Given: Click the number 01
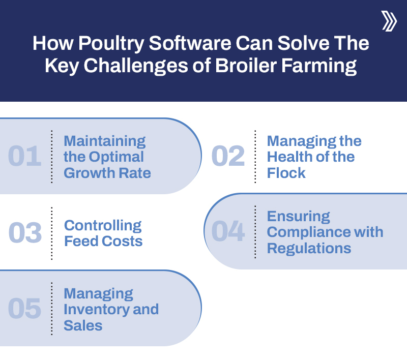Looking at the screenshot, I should pos(24,157).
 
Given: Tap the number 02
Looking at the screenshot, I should pos(228,157).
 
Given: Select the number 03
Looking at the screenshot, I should pos(24,233).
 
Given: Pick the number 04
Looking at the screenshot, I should pos(228,231).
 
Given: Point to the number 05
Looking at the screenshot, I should pos(24,309).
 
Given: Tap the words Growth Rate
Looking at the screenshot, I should pos(107,173).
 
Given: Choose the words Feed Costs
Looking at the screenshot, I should pos(103,241).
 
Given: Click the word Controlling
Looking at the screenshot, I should pos(103,225).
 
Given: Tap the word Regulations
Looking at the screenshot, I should pos(309,248).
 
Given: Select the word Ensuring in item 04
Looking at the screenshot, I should pos(298,216).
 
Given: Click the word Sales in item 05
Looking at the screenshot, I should pos(83,325).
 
